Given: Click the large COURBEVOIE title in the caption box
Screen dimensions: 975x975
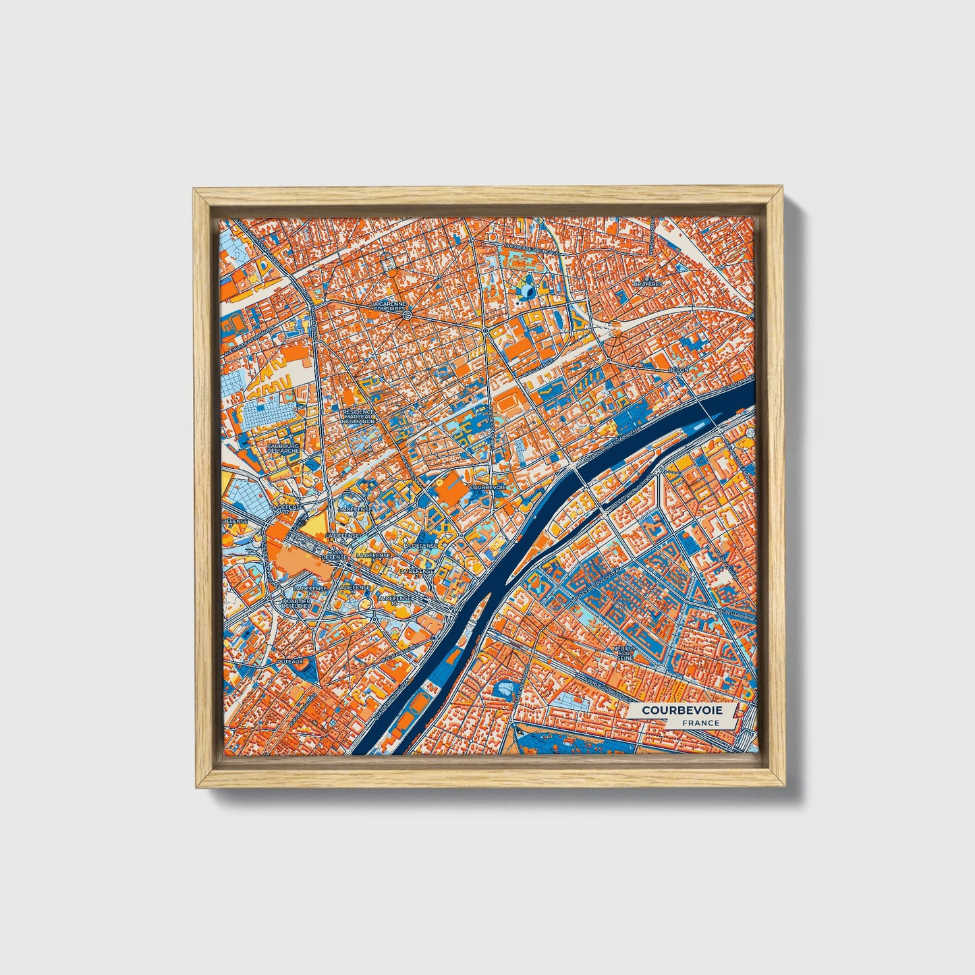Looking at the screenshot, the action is [x=681, y=711].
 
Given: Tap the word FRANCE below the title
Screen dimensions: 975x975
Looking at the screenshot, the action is [x=700, y=723].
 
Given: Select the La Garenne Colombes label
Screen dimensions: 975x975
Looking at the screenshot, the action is [x=388, y=307].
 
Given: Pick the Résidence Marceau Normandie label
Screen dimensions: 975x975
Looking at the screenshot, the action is [x=358, y=416].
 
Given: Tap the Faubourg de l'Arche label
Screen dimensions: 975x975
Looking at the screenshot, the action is [x=283, y=449].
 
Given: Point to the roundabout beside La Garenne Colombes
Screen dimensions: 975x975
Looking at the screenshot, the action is [x=408, y=315].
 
